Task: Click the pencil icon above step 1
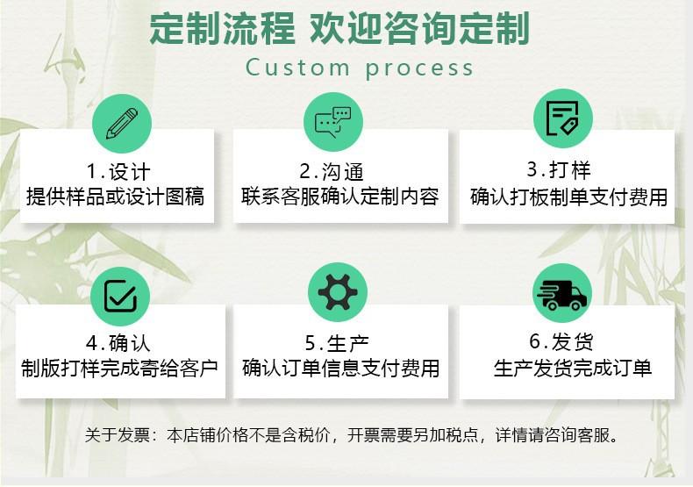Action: click(122, 124)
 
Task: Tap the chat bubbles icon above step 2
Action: click(332, 122)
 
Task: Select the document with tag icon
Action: click(562, 118)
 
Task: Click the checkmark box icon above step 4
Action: click(120, 296)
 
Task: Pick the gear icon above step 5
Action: click(337, 292)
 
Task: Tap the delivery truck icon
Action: click(561, 295)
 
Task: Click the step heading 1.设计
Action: click(118, 171)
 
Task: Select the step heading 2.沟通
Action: click(332, 171)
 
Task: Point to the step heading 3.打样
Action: click(559, 169)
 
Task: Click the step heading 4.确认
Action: click(118, 343)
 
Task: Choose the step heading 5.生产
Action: click(337, 343)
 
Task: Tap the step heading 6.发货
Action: click(561, 341)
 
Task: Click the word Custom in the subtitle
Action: click(297, 68)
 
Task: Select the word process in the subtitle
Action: click(419, 69)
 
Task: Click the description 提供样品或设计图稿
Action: click(115, 197)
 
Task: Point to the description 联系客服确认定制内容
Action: click(340, 197)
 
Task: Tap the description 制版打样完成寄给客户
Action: click(120, 369)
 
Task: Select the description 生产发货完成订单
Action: click(573, 369)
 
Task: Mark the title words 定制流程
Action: click(222, 28)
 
